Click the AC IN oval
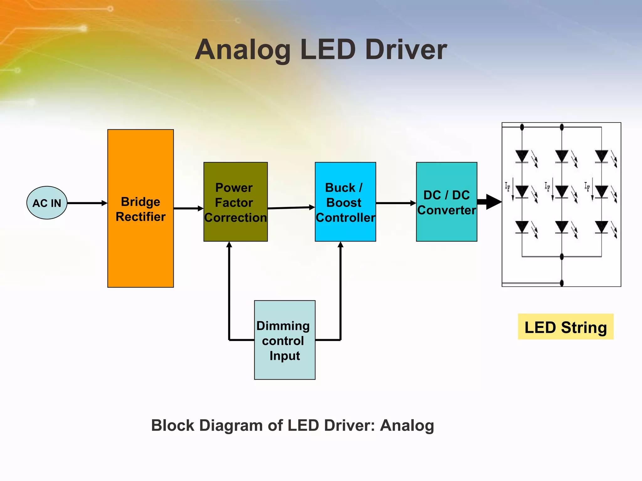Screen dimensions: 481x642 [47, 203]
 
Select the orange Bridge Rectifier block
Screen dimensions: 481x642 [140, 208]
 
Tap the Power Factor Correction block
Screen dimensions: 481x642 [235, 202]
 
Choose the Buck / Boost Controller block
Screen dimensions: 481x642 [345, 202]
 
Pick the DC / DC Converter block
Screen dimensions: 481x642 [446, 202]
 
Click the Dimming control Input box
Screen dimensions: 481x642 [285, 340]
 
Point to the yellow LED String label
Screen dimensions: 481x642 [566, 327]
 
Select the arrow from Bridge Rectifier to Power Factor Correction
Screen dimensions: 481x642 [188, 208]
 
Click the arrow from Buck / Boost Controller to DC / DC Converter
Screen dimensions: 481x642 [396, 203]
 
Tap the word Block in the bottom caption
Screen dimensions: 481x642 [173, 425]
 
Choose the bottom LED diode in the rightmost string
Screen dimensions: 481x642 [601, 227]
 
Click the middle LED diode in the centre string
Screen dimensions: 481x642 [562, 191]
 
